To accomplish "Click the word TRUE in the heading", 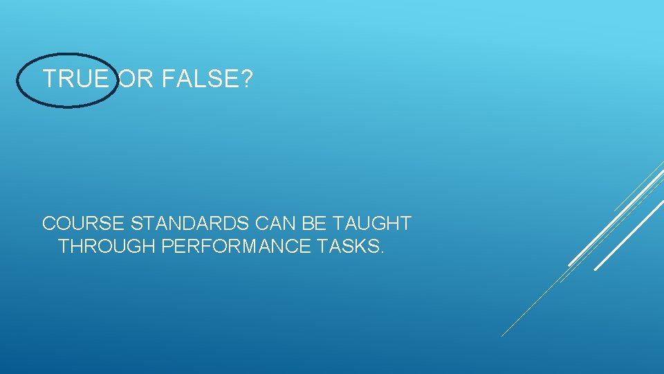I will tap(75, 80).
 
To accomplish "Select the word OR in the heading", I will tap(136, 80).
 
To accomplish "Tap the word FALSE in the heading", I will tap(198, 80).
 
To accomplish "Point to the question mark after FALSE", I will tap(246, 80).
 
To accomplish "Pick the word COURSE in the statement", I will tap(84, 224).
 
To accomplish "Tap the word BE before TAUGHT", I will tap(315, 224).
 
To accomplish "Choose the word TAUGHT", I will tap(371, 224).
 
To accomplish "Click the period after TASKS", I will tap(380, 252).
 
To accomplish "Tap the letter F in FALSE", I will tap(166, 80).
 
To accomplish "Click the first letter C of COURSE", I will tap(49, 224).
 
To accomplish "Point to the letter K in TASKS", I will tap(358, 247).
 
